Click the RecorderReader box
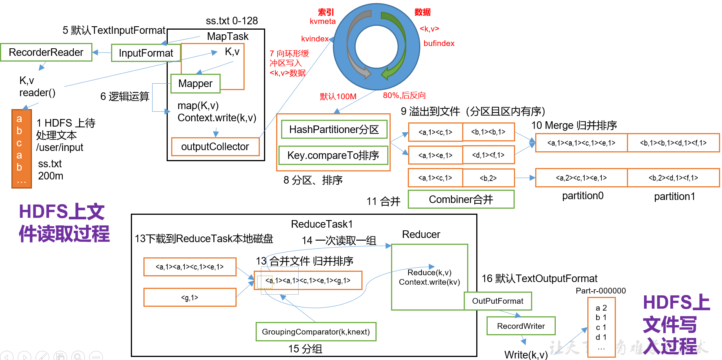point(46,52)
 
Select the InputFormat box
point(146,53)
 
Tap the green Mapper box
point(195,84)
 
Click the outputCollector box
point(215,147)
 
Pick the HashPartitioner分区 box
point(334,130)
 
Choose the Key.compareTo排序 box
point(333,155)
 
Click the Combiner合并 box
point(461,200)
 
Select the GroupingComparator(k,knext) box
point(316,332)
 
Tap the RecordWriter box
point(521,326)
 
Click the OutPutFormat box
point(498,301)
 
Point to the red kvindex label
point(315,39)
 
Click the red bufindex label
point(439,43)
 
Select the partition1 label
point(674,197)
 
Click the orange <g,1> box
point(189,298)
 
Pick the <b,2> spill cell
point(488,178)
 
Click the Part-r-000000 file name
point(601,291)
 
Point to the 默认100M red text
point(338,97)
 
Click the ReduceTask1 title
point(322,224)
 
